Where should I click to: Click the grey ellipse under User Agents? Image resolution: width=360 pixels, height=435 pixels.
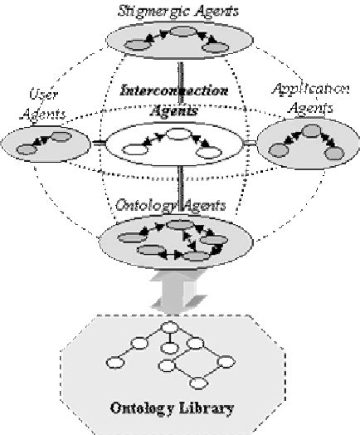tap(46, 144)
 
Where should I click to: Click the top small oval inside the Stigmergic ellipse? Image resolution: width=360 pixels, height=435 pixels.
tap(186, 32)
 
